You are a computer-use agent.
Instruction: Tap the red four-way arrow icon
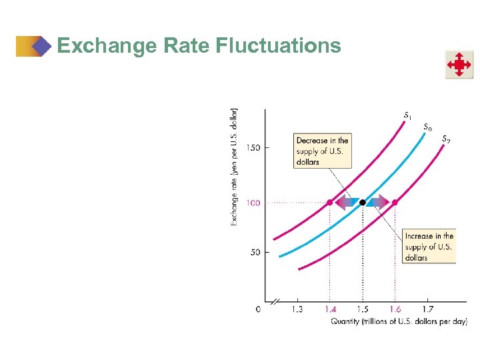coord(459,65)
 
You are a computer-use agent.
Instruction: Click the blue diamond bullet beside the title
coord(42,46)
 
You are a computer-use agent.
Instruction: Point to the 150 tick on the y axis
coord(254,147)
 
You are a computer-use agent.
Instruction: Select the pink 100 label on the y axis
coord(253,202)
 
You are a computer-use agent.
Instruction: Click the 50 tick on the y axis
coord(255,253)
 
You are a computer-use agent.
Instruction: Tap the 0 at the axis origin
coord(258,309)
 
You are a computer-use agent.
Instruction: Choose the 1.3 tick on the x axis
coord(297,309)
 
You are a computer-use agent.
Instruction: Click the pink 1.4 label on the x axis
coord(329,309)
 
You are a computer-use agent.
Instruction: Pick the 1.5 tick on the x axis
coord(362,309)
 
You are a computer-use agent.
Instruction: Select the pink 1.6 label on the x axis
coord(395,309)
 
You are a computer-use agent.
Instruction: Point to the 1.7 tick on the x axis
coord(427,309)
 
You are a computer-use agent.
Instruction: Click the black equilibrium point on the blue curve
coord(362,202)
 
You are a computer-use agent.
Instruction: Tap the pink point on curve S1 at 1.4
coord(329,202)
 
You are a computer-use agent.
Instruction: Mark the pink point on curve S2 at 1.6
coord(395,202)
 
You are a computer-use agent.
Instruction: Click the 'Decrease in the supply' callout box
coord(322,151)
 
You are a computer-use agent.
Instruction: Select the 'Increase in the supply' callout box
coord(429,246)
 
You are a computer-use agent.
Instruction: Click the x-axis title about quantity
coord(399,321)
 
